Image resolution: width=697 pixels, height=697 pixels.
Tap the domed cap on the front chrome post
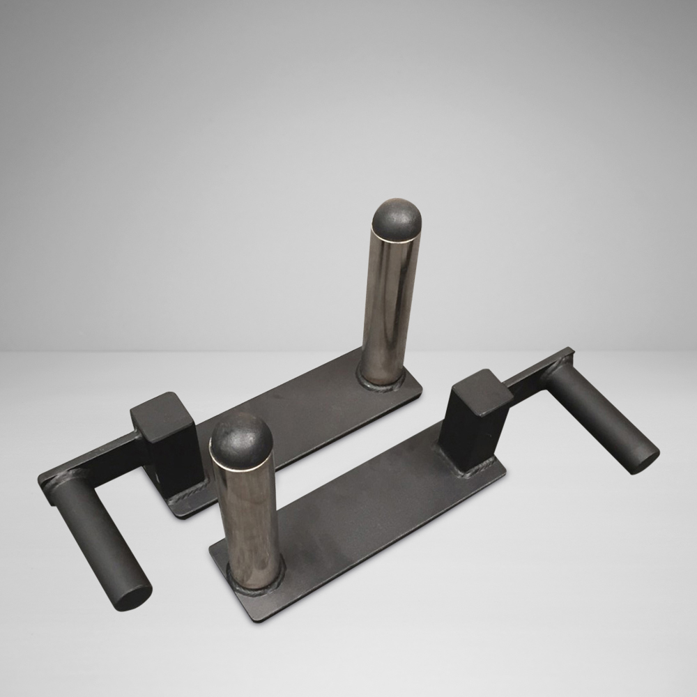(241, 438)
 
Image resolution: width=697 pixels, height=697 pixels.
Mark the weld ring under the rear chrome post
(381, 381)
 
